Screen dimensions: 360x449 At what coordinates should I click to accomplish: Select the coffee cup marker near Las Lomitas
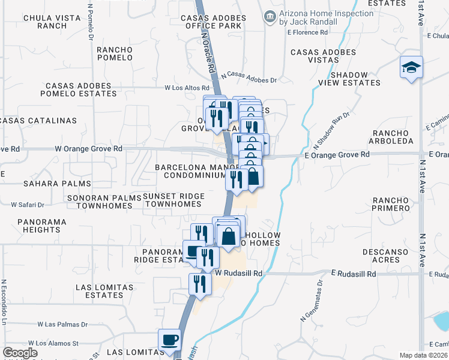point(169,340)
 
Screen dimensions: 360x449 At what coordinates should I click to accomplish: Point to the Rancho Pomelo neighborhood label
point(114,53)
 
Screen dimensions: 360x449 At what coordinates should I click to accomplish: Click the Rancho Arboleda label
point(393,136)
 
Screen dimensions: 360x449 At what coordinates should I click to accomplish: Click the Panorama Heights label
point(42,226)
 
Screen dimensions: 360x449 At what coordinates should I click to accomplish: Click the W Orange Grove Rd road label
point(88,148)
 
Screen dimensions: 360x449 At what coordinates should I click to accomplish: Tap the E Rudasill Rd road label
point(349,274)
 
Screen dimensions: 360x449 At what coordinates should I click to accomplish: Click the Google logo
point(20,353)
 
